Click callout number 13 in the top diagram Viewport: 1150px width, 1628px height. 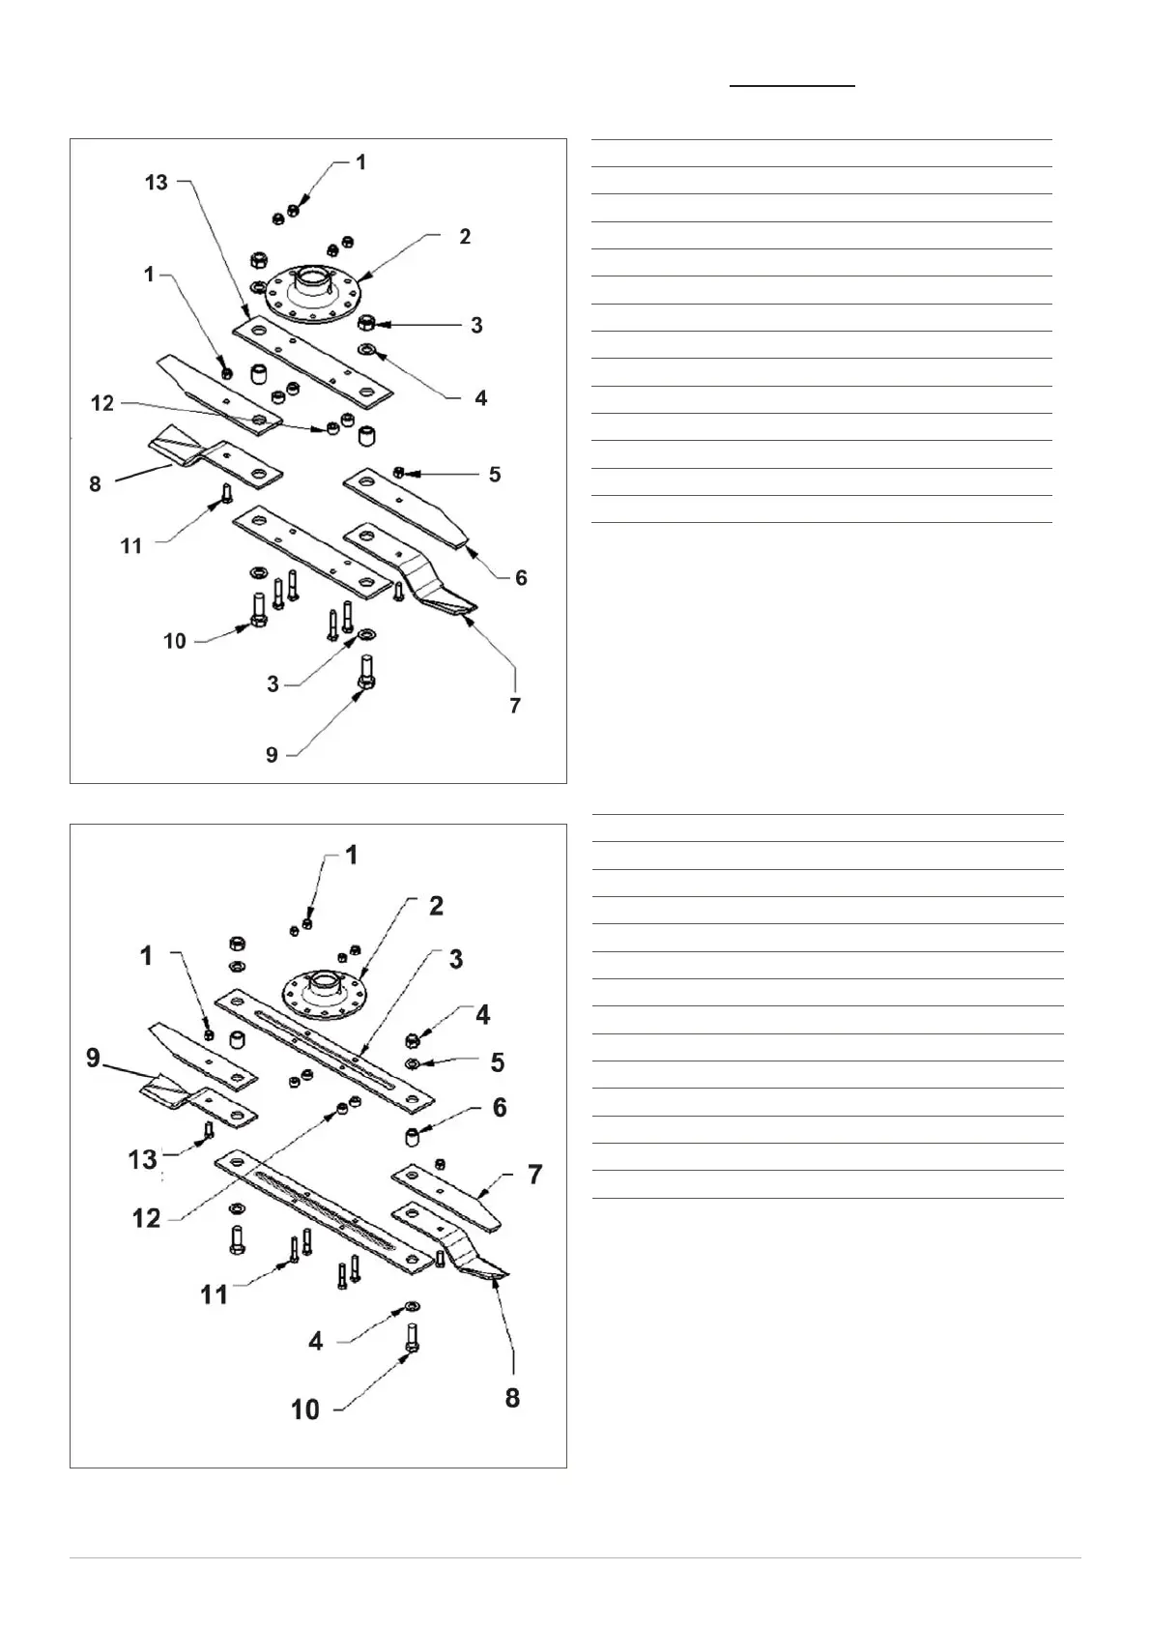(x=157, y=182)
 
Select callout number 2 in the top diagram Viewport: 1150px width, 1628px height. (x=465, y=237)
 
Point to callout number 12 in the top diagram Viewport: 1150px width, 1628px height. (x=103, y=403)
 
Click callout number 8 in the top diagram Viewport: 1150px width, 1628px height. (x=95, y=483)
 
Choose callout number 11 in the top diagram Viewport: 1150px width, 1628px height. (x=131, y=546)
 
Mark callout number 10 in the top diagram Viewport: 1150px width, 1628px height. (x=175, y=641)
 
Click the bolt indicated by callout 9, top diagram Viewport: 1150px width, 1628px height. (x=367, y=672)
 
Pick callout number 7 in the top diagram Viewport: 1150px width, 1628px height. (x=515, y=706)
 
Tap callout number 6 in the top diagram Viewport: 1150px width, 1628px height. (x=521, y=577)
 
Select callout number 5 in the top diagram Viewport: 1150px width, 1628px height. (x=495, y=475)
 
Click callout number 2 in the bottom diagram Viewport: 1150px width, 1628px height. (x=437, y=906)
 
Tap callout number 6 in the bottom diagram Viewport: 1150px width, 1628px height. (x=500, y=1107)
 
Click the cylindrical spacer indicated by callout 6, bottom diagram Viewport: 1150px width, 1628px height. (x=413, y=1136)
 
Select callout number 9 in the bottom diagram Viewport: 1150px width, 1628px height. (x=93, y=1058)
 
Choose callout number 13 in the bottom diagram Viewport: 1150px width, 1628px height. (x=143, y=1158)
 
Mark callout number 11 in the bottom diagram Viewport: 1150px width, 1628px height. (x=214, y=1294)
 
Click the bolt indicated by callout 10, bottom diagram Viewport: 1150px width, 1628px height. (x=413, y=1338)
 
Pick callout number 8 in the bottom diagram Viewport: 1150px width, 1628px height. (x=512, y=1397)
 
